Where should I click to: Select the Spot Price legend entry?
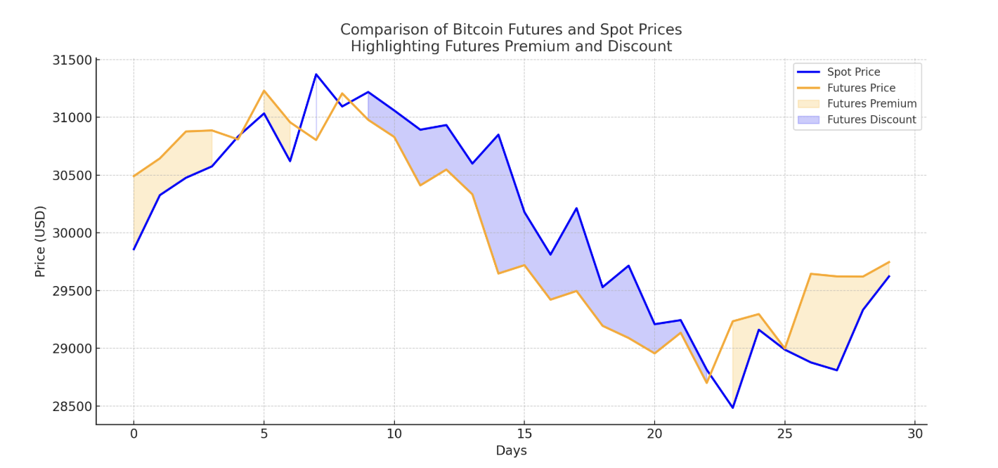(853, 72)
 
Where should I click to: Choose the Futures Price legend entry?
(861, 88)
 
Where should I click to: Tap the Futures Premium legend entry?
(871, 104)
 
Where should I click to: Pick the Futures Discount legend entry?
(871, 120)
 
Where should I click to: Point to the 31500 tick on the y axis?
(72, 60)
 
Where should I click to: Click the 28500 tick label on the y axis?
(72, 407)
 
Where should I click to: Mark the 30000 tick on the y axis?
(72, 233)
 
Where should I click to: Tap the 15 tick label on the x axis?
(524, 434)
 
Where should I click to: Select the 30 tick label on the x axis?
(914, 434)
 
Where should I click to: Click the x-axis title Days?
(511, 451)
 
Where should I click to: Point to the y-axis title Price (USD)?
(41, 241)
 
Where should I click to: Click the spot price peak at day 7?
(316, 74)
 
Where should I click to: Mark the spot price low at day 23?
(732, 408)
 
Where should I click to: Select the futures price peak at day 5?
(264, 90)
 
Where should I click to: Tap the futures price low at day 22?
(706, 383)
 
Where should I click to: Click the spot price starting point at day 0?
(134, 249)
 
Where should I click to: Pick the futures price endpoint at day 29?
(889, 262)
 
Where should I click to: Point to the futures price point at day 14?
(498, 273)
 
